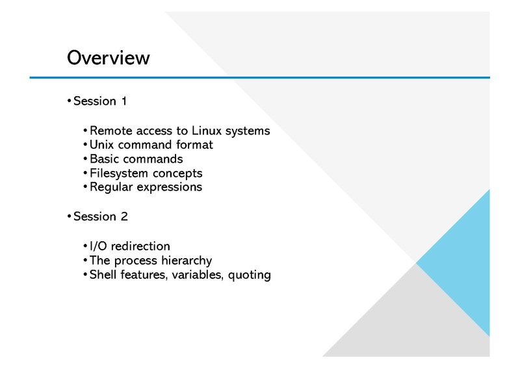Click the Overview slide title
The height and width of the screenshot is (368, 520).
point(109,58)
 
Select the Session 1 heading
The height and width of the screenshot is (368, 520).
point(100,101)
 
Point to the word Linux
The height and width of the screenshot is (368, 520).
point(207,131)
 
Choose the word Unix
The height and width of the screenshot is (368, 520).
point(101,145)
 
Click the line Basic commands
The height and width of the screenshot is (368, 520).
point(136,159)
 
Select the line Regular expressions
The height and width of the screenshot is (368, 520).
point(146,187)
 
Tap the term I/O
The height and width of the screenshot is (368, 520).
point(98,246)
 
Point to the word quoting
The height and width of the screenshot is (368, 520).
point(250,275)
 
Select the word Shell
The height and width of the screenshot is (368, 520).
point(104,275)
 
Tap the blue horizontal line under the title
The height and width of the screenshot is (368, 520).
point(260,78)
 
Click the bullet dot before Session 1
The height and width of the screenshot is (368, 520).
point(69,101)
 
